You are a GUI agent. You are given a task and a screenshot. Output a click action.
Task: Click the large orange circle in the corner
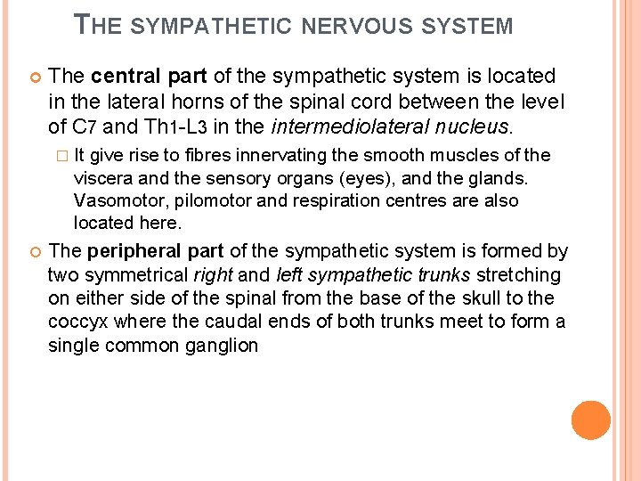590,420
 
